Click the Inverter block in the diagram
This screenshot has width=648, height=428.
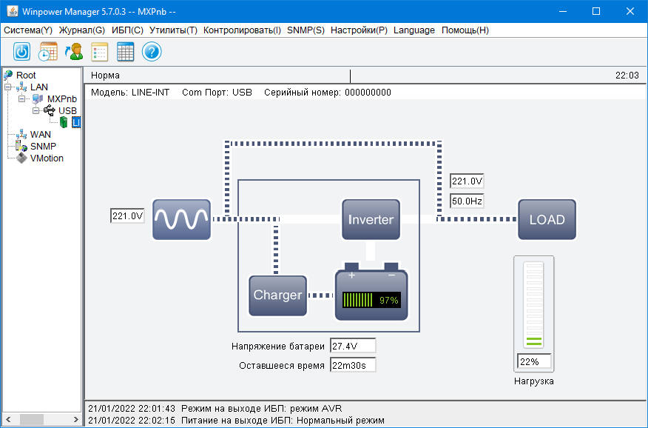pyautogui.click(x=371, y=219)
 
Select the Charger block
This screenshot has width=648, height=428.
pyautogui.click(x=277, y=295)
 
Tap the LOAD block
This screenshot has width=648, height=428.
pyautogui.click(x=547, y=219)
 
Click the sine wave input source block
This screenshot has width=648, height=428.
pyautogui.click(x=181, y=219)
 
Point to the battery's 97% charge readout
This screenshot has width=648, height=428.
pyautogui.click(x=388, y=301)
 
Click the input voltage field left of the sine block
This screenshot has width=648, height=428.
pyautogui.click(x=126, y=216)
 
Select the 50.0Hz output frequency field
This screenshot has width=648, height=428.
pyautogui.click(x=467, y=201)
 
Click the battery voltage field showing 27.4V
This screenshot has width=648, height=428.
pyautogui.click(x=353, y=346)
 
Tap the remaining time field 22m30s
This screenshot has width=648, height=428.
pyautogui.click(x=353, y=365)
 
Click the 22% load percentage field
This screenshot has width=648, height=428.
pyautogui.click(x=534, y=362)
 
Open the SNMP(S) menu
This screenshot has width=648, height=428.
pyautogui.click(x=305, y=30)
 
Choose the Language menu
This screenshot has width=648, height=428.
pyautogui.click(x=414, y=30)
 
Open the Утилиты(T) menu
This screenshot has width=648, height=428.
pyautogui.click(x=173, y=30)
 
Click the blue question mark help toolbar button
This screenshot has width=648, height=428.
pyautogui.click(x=152, y=52)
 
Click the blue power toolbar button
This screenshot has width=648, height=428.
pyautogui.click(x=22, y=52)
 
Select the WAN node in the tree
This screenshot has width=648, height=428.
pyautogui.click(x=41, y=135)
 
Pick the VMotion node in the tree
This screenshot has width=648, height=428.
pyautogui.click(x=47, y=158)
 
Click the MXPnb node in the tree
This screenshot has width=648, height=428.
pyautogui.click(x=61, y=99)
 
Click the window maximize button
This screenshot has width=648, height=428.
pyautogui.click(x=596, y=11)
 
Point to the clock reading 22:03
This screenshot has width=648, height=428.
pyautogui.click(x=627, y=76)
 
